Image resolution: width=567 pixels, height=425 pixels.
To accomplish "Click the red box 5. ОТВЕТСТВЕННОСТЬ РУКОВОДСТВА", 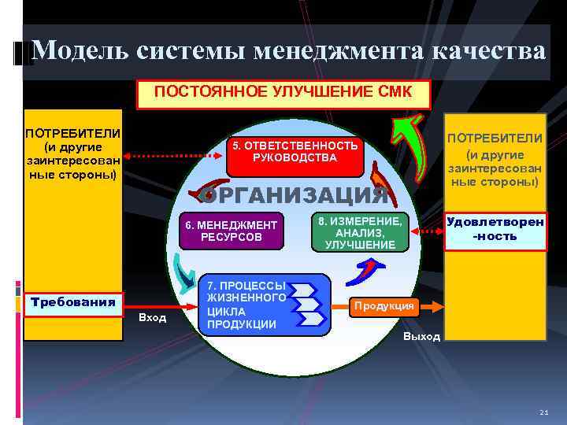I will [294, 152].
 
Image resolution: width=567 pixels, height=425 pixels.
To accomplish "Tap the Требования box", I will [72, 301].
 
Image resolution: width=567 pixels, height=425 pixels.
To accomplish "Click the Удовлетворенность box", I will [495, 229].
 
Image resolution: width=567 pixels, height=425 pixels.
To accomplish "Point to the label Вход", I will [152, 317].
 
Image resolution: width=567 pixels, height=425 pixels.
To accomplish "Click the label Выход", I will [421, 336].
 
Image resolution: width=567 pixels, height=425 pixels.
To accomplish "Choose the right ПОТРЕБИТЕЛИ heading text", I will [495, 138].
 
